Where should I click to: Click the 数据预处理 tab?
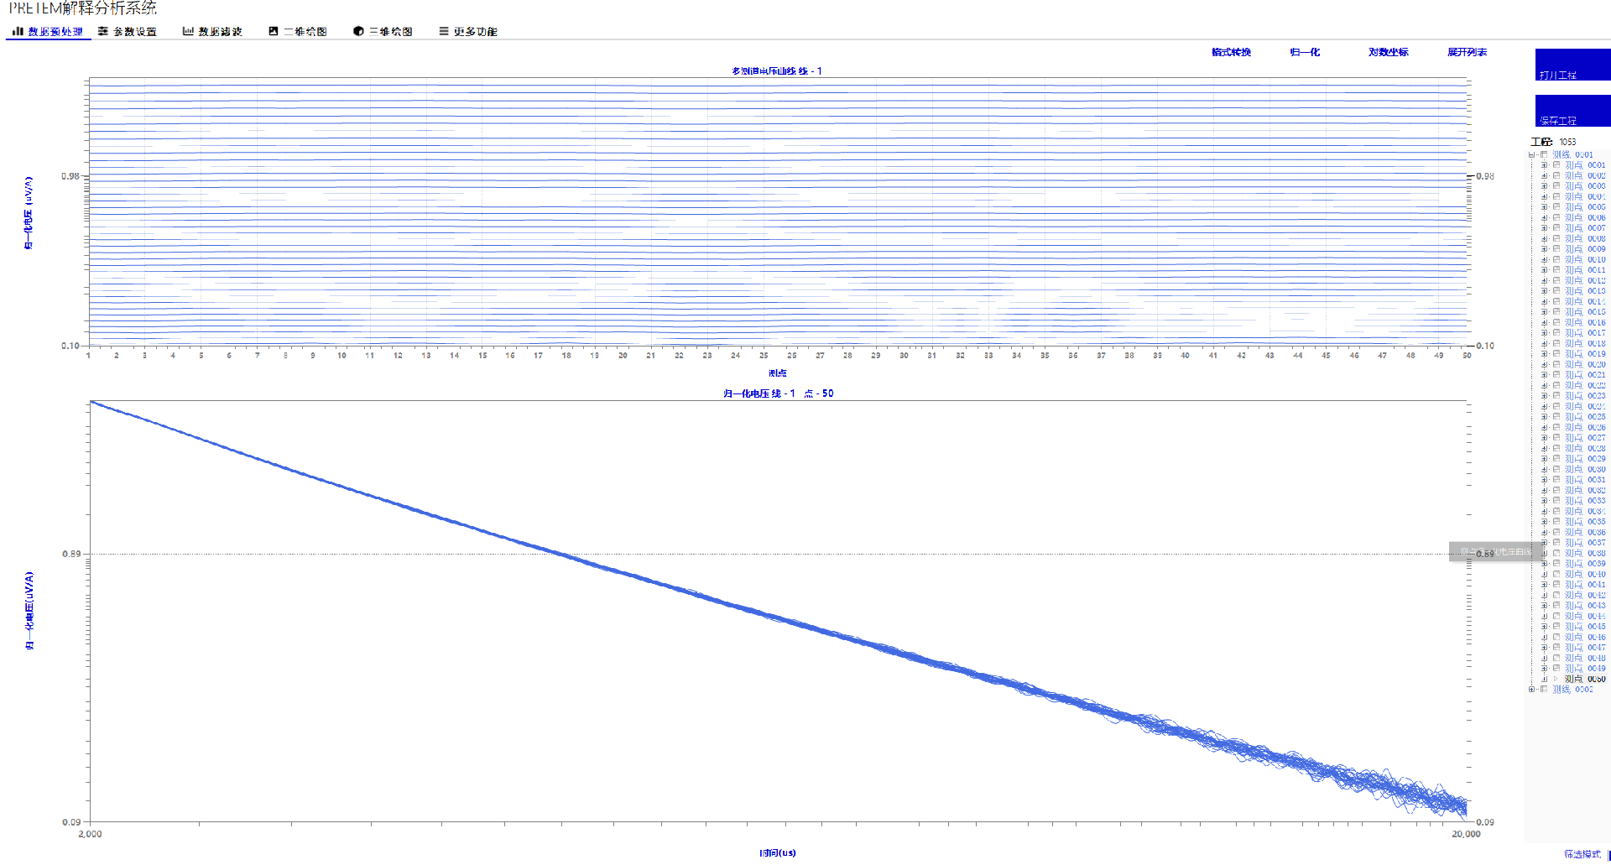pos(48,32)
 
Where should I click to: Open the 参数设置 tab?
pos(128,32)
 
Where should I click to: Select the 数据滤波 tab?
pos(213,32)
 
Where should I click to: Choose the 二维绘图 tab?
pos(298,32)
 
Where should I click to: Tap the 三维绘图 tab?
pos(383,32)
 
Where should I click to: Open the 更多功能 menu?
pos(468,32)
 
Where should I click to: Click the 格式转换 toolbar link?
pos(1231,52)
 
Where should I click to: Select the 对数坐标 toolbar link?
pos(1388,52)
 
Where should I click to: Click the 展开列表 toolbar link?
pos(1467,52)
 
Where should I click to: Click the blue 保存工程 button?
pos(1572,111)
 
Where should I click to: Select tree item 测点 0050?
pos(1584,679)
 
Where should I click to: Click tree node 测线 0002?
pos(1572,690)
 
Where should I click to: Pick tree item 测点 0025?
pos(1584,417)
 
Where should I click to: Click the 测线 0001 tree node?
pos(1572,155)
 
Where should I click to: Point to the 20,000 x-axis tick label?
pos(1466,834)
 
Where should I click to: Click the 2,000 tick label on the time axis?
pos(90,834)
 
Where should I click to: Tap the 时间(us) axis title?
pos(778,853)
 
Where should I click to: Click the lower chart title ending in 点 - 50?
pos(778,393)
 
